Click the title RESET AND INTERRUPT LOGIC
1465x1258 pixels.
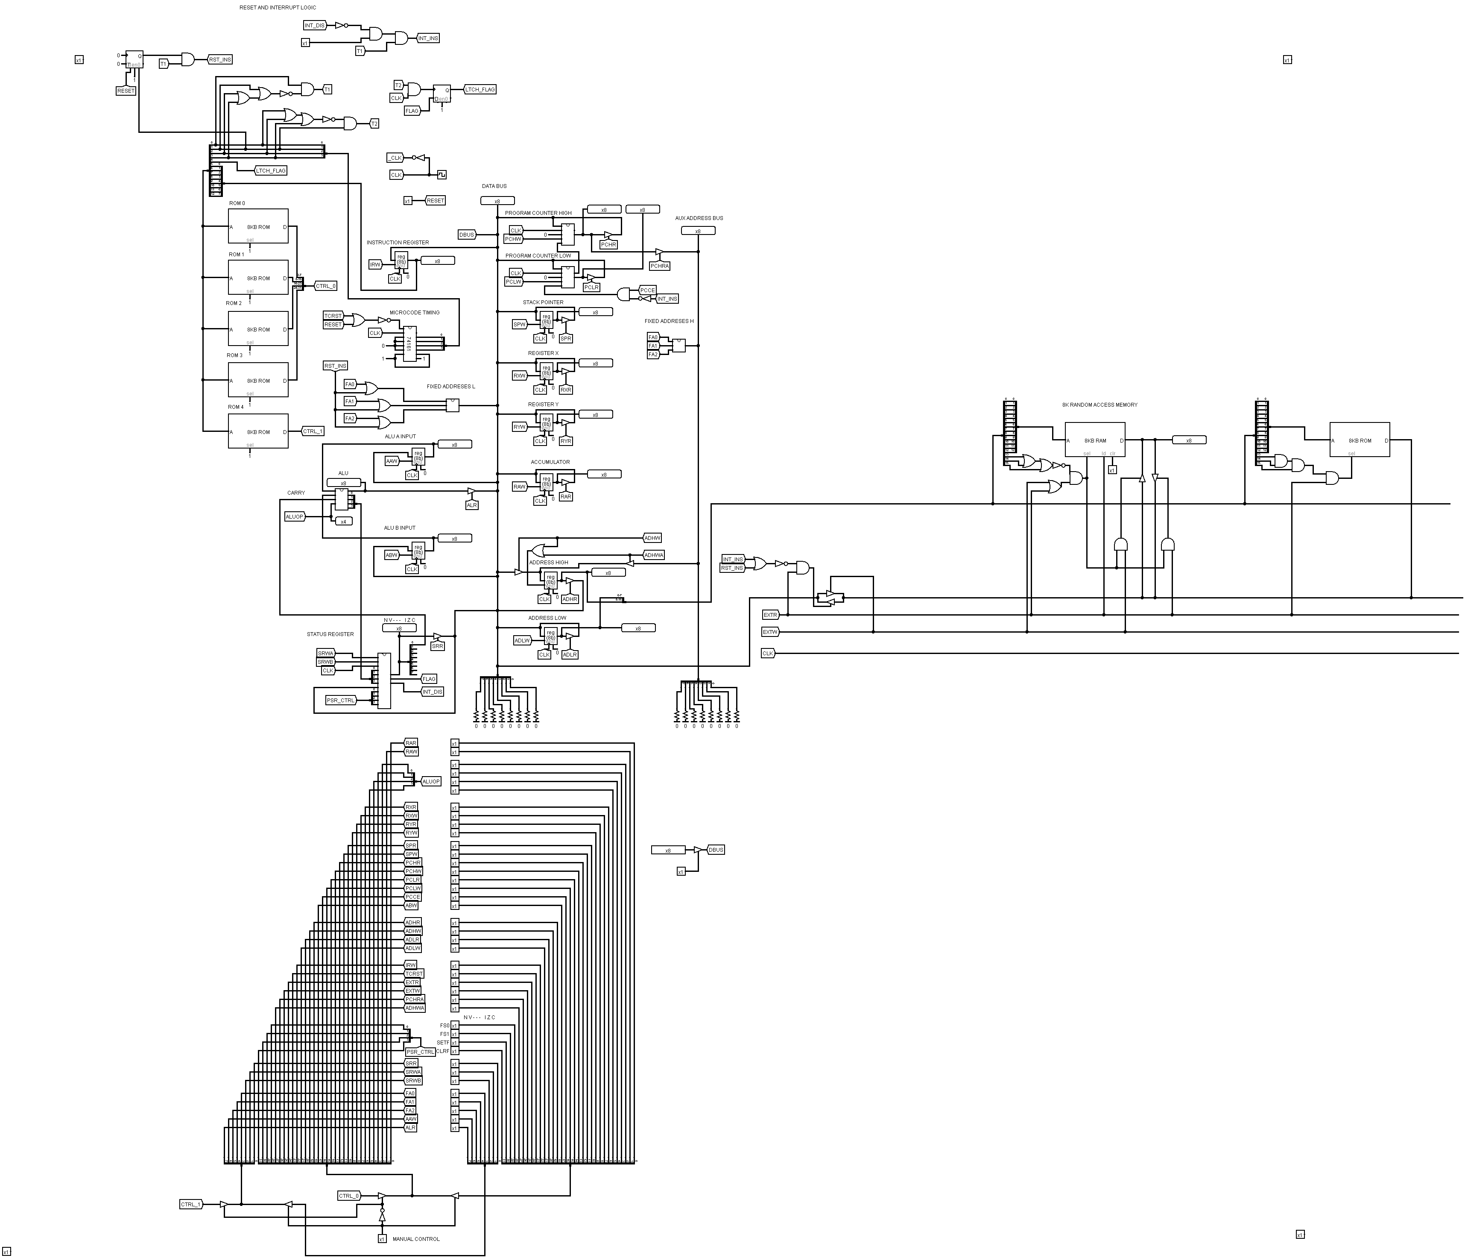(x=278, y=8)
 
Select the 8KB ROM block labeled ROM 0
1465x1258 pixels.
(x=258, y=226)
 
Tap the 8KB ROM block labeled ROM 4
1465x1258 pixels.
(x=258, y=431)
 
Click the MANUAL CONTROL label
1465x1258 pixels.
(x=416, y=1239)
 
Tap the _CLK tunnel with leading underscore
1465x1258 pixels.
(x=395, y=158)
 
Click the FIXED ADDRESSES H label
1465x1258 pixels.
(x=669, y=322)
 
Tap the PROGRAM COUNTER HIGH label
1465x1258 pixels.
(x=538, y=213)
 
